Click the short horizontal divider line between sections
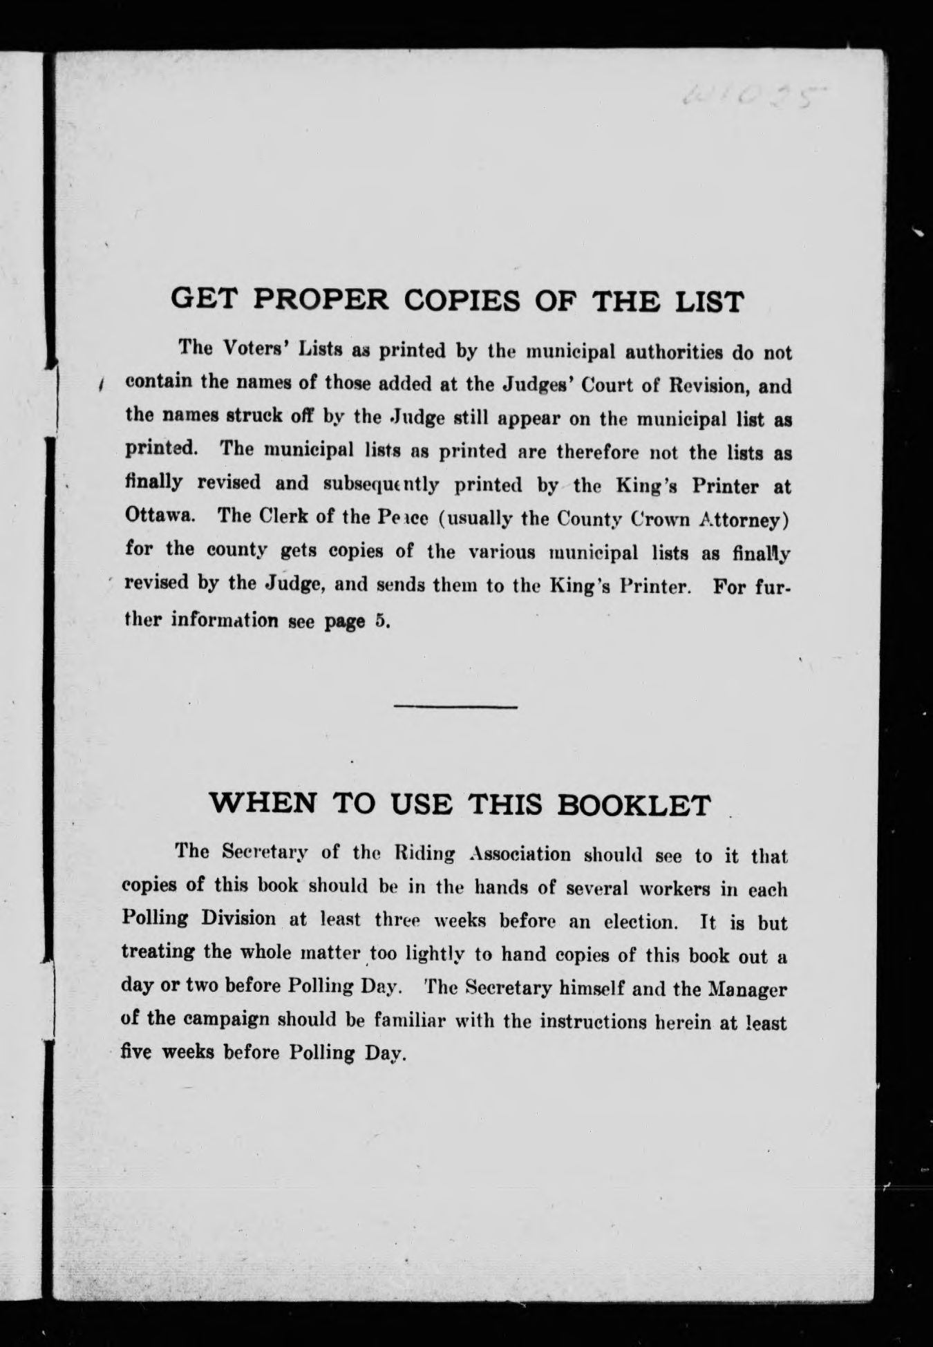(455, 706)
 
